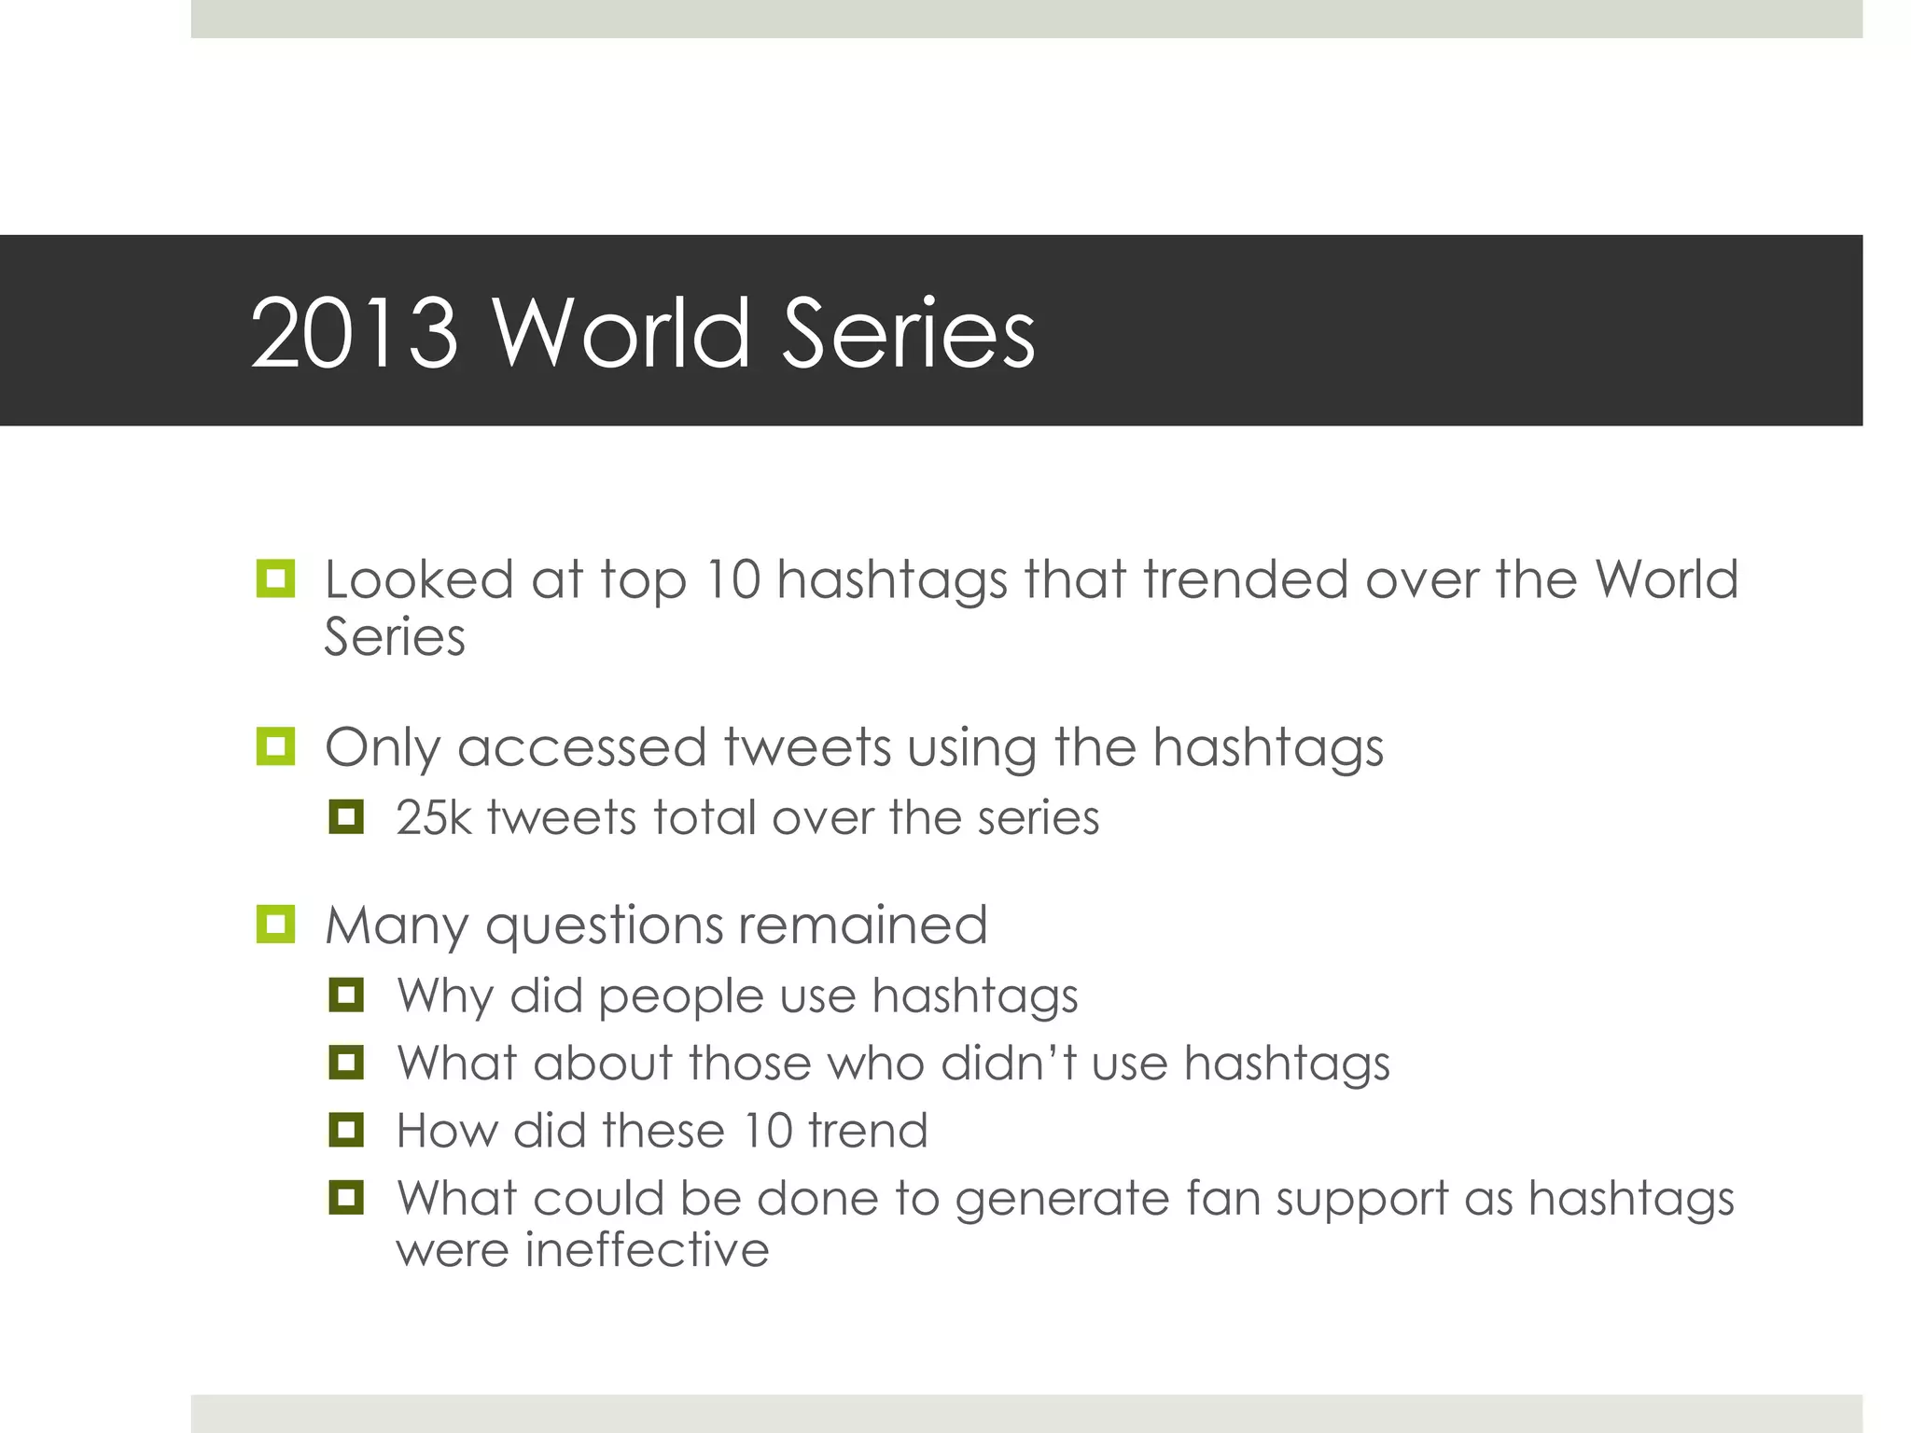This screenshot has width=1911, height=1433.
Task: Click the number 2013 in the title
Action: click(355, 333)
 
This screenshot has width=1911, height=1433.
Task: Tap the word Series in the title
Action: click(908, 333)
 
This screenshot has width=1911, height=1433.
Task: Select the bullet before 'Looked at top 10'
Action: click(275, 578)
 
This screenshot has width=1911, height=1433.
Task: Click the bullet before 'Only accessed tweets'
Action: click(275, 746)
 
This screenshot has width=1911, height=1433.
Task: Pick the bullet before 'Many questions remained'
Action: click(275, 925)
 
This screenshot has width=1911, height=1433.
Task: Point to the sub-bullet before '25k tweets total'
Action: click(346, 817)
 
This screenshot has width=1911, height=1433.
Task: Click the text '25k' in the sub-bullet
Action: click(434, 817)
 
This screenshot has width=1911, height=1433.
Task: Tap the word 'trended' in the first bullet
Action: click(1246, 578)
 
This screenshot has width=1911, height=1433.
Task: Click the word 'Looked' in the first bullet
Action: click(419, 578)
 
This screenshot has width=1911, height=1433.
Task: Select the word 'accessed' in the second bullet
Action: click(581, 747)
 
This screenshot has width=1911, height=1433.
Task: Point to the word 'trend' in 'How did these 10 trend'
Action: click(868, 1131)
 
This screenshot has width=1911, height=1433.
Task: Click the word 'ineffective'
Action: click(647, 1249)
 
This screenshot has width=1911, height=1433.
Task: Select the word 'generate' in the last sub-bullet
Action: click(1062, 1200)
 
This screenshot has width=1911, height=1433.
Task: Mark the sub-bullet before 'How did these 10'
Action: click(346, 1131)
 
